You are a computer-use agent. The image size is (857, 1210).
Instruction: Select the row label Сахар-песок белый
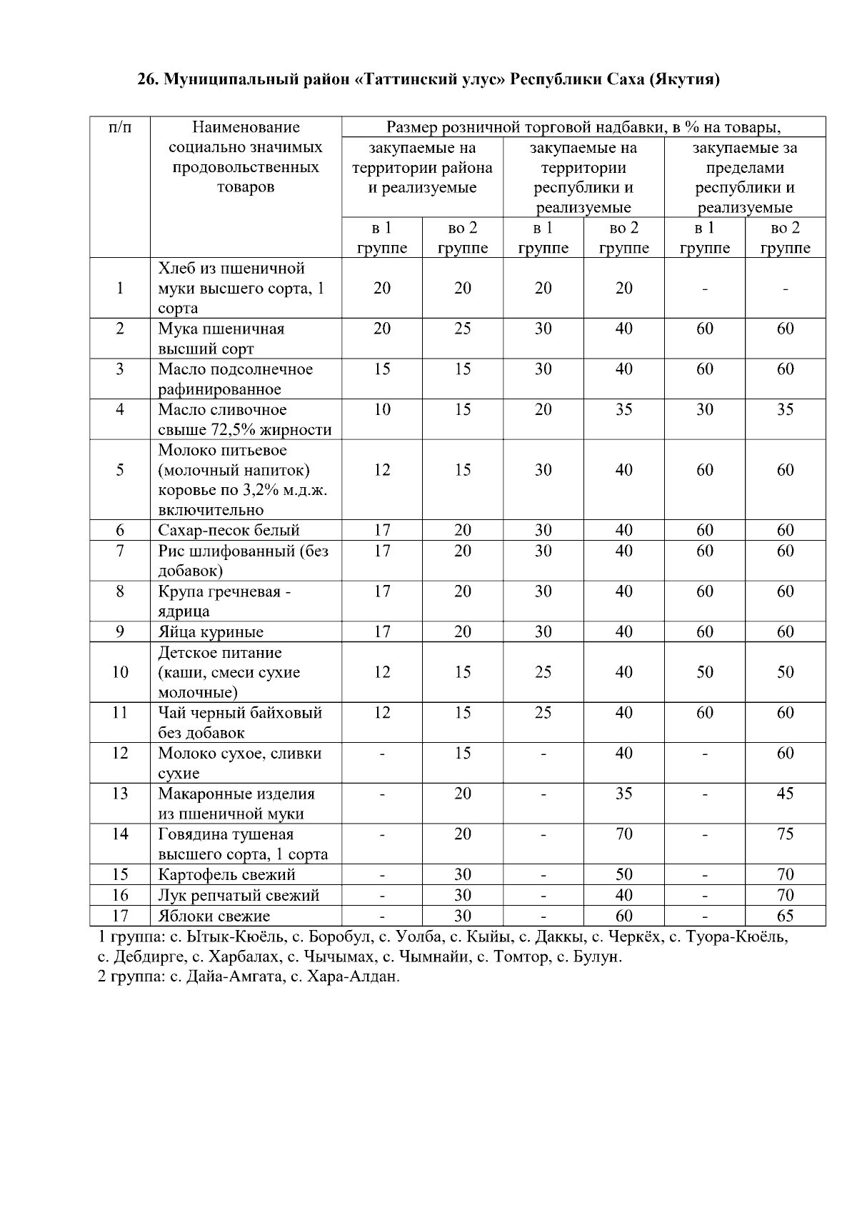(x=229, y=530)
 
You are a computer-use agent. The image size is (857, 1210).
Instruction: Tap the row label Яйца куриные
(x=211, y=631)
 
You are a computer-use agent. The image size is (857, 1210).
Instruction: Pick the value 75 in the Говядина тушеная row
(x=785, y=834)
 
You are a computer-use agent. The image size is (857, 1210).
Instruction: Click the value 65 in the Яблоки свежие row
(x=785, y=916)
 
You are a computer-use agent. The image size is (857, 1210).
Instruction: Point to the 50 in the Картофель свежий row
(x=623, y=874)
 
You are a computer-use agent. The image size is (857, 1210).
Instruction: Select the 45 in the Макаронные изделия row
(x=785, y=794)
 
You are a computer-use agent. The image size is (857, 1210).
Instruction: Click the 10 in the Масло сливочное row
(x=382, y=409)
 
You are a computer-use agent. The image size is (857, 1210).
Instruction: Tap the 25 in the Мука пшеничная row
(x=463, y=329)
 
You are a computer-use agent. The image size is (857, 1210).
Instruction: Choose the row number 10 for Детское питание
(x=120, y=672)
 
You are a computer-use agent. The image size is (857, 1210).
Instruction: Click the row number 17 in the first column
(x=120, y=916)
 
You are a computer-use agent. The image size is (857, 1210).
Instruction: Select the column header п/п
(x=120, y=128)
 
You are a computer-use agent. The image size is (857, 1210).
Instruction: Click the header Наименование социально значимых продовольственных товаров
(x=246, y=157)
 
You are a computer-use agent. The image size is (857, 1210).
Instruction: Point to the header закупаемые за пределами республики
(x=745, y=178)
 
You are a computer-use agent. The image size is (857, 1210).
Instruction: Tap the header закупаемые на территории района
(x=422, y=168)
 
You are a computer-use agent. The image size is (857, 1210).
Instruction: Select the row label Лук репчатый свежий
(x=239, y=895)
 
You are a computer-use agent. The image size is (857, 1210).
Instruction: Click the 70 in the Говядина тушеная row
(x=623, y=834)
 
